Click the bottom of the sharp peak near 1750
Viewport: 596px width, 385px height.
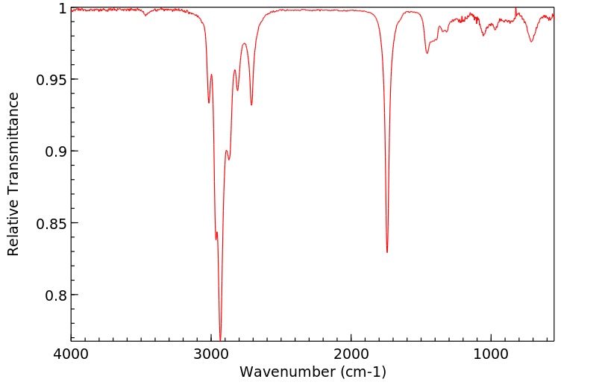[387, 252]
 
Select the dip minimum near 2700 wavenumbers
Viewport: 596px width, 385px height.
[251, 104]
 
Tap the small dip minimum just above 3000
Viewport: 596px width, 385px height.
[209, 102]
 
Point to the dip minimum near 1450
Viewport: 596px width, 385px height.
[427, 53]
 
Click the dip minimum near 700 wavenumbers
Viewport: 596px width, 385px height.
[531, 41]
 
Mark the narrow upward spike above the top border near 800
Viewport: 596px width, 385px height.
[515, 8]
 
